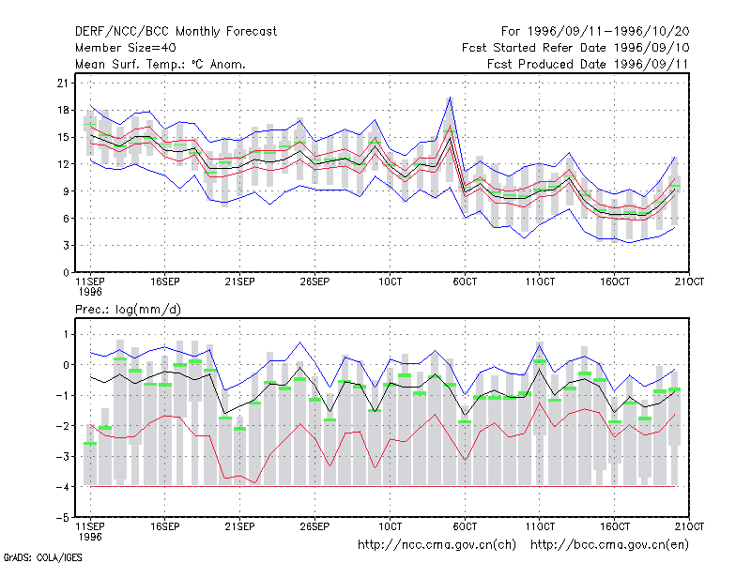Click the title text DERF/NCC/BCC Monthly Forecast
pyautogui.click(x=176, y=32)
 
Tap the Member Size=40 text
pyautogui.click(x=126, y=48)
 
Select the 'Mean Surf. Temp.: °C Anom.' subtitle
pyautogui.click(x=160, y=64)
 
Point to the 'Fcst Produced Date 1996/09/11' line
pyautogui.click(x=588, y=64)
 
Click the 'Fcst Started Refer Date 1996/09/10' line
pyautogui.click(x=575, y=48)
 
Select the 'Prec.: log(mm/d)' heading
pyautogui.click(x=128, y=310)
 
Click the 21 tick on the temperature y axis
pyautogui.click(x=63, y=84)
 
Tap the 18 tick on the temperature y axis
pyautogui.click(x=63, y=110)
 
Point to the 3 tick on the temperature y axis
pyautogui.click(x=66, y=246)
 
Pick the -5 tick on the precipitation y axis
pyautogui.click(x=63, y=518)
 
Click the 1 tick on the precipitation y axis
pyautogui.click(x=66, y=334)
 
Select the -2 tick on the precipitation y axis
pyautogui.click(x=63, y=426)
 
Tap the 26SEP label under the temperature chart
pyautogui.click(x=314, y=281)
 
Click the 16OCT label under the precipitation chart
pyautogui.click(x=615, y=526)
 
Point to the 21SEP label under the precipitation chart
pyautogui.click(x=240, y=526)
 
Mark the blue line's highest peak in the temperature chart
pyautogui.click(x=450, y=98)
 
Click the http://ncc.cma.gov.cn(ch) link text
pyautogui.click(x=437, y=544)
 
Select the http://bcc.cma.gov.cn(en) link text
pyautogui.click(x=609, y=544)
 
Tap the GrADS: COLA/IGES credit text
pyautogui.click(x=42, y=557)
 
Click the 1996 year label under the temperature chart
pyautogui.click(x=90, y=292)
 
